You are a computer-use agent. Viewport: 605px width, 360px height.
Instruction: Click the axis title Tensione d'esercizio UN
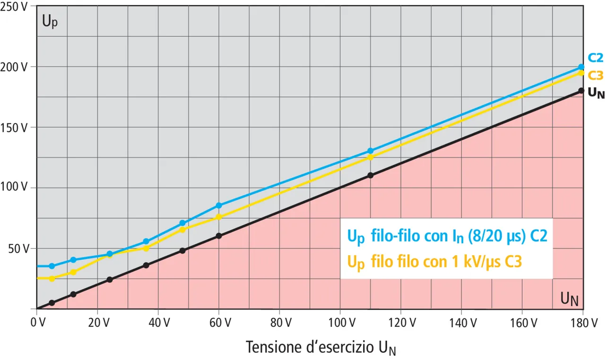(321, 347)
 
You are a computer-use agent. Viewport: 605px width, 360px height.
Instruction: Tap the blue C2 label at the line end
(595, 58)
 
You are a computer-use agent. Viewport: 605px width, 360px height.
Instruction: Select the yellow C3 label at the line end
(595, 75)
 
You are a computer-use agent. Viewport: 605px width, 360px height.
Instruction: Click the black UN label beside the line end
(596, 93)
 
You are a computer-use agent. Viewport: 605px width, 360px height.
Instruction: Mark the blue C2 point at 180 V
(581, 67)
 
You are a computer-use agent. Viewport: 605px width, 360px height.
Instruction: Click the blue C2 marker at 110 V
(370, 151)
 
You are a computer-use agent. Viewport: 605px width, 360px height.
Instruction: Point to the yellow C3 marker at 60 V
(219, 217)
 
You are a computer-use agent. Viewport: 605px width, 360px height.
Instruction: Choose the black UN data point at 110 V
(370, 175)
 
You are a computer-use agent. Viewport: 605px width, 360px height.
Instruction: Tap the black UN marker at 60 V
(219, 236)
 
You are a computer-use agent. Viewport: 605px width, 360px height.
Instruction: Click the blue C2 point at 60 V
(219, 206)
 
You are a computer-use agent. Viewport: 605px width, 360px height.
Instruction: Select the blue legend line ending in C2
(447, 235)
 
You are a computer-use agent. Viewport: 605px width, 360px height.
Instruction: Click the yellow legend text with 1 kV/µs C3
(435, 261)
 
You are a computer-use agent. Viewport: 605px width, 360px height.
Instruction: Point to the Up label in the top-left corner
(50, 22)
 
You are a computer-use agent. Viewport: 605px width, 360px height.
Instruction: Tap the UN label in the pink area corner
(569, 299)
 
